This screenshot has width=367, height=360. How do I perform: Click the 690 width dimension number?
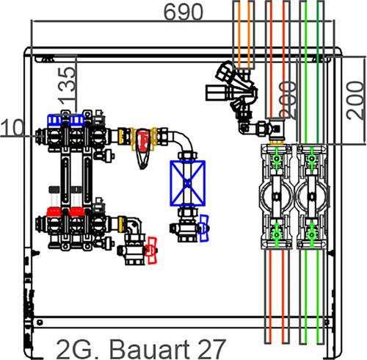(x=183, y=12)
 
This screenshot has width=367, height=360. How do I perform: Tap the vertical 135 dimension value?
(x=67, y=84)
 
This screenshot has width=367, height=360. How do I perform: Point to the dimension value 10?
(x=12, y=127)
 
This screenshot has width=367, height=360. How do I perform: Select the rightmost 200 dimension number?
(x=355, y=101)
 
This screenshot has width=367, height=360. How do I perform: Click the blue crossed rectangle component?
(x=187, y=183)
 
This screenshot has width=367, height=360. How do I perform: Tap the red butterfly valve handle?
(x=151, y=251)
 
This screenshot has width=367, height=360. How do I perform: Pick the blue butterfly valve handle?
(x=204, y=228)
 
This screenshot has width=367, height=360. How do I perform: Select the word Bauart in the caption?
(x=150, y=349)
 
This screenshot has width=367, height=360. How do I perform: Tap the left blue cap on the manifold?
(x=55, y=120)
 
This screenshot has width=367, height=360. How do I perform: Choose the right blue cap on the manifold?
(x=77, y=120)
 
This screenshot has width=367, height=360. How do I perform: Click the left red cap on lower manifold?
(x=54, y=212)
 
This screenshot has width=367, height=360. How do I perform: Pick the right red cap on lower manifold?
(x=77, y=212)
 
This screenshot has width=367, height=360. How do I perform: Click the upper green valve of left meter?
(x=277, y=159)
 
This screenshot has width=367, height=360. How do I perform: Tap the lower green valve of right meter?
(x=311, y=234)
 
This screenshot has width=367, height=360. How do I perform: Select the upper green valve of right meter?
(x=311, y=159)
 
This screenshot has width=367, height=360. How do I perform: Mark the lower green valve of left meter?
(x=277, y=234)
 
